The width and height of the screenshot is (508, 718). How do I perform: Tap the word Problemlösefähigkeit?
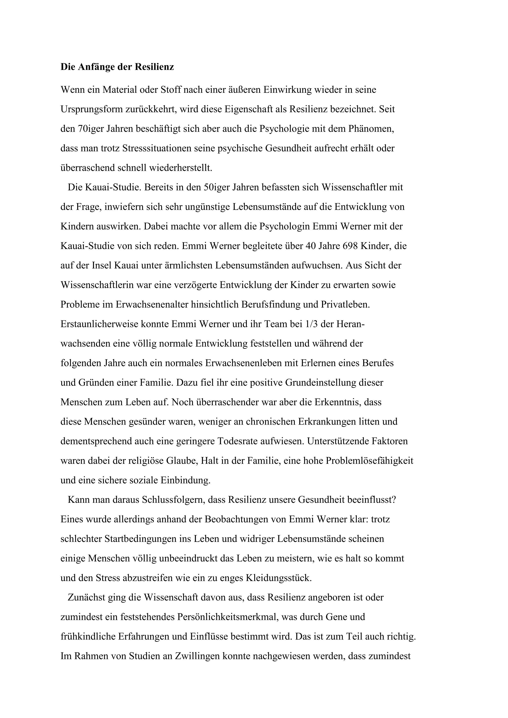tap(369, 461)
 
